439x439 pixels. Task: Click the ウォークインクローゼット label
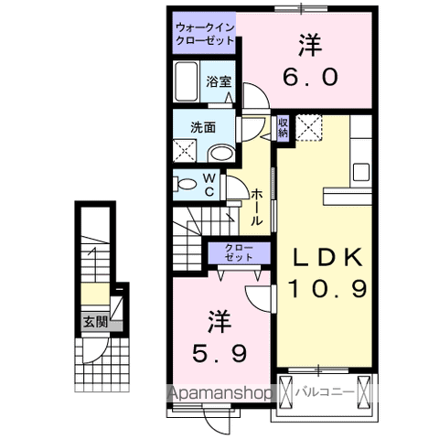206,35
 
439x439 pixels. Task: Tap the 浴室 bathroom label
218,80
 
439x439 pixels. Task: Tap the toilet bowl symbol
186,184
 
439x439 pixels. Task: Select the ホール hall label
257,207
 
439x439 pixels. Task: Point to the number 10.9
328,291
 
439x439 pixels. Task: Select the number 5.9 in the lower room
217,349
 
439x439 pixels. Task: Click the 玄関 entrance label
95,322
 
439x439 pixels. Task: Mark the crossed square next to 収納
312,127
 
